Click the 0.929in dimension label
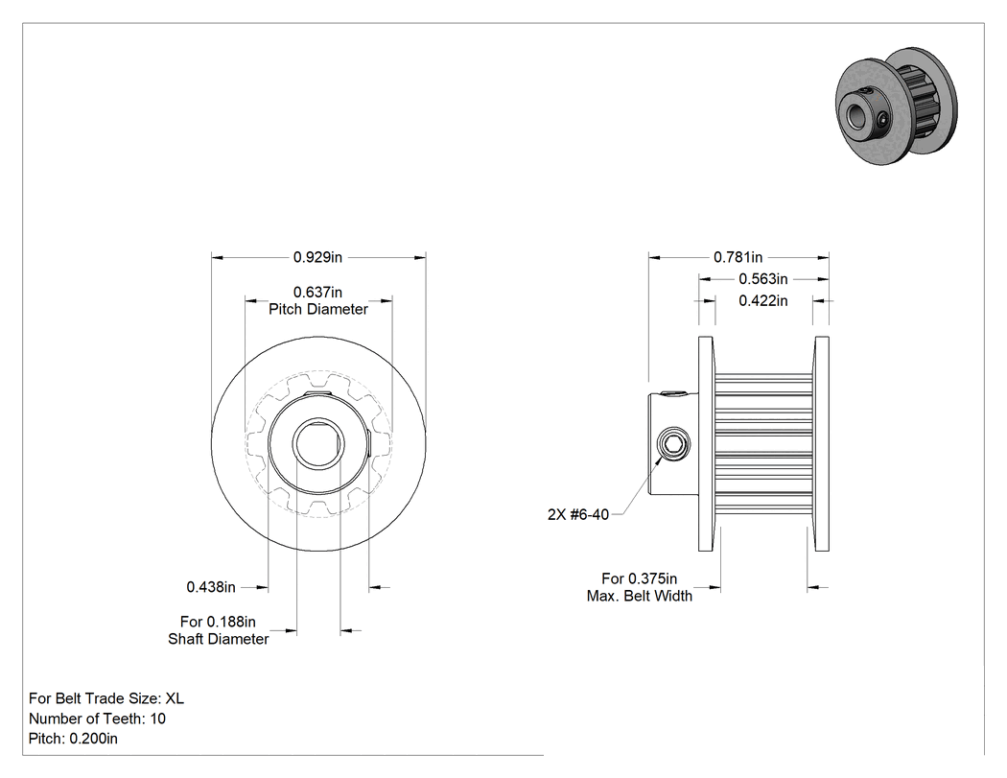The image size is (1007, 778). [x=317, y=258]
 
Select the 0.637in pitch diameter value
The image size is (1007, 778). [x=317, y=293]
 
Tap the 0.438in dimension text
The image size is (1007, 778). [x=211, y=587]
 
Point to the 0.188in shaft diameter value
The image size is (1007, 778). [x=230, y=622]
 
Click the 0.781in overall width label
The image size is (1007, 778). [x=738, y=258]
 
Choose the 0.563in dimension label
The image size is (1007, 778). [x=763, y=279]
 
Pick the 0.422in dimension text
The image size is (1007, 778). [x=763, y=300]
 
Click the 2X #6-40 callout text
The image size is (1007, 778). [x=578, y=514]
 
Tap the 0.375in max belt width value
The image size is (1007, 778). [x=652, y=578]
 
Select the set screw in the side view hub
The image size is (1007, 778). [x=673, y=444]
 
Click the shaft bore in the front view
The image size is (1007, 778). [x=318, y=443]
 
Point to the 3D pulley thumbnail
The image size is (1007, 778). [x=897, y=106]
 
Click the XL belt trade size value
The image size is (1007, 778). [x=175, y=698]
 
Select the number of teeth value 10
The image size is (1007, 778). [x=158, y=719]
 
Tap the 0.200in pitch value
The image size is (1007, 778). [x=93, y=739]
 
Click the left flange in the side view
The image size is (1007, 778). [x=707, y=444]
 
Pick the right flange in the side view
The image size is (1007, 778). [x=821, y=444]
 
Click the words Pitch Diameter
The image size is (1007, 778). [x=317, y=309]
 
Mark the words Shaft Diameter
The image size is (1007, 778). [x=219, y=639]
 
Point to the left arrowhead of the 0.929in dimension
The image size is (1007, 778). [x=217, y=258]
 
